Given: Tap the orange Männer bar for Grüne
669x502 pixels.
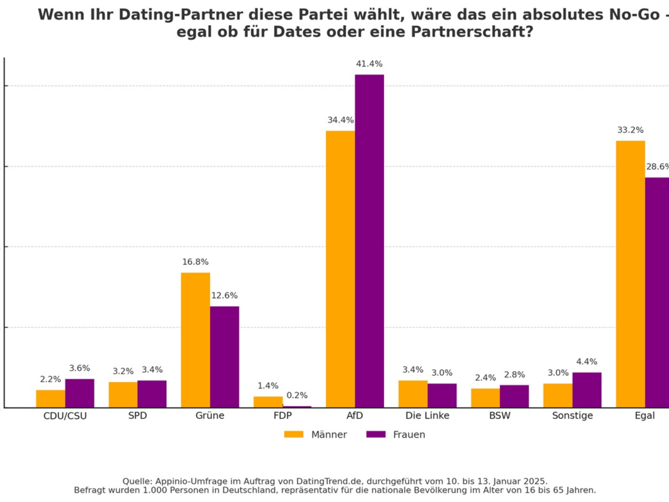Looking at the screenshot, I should click(x=195, y=340).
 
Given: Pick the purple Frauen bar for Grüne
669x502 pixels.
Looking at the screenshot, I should click(x=224, y=356).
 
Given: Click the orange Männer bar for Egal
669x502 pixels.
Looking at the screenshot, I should click(x=630, y=274).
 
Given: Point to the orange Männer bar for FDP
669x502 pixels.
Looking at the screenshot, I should click(x=268, y=402).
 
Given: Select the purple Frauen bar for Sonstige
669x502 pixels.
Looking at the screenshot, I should click(x=586, y=390).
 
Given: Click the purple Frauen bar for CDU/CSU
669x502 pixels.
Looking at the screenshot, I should click(x=79, y=393).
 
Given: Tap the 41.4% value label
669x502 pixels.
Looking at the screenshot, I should click(x=369, y=64).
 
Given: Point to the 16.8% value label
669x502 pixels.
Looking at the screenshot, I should click(x=195, y=262).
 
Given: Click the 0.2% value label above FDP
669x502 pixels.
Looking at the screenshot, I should click(x=297, y=395).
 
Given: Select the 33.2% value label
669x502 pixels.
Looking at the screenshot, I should click(x=630, y=131).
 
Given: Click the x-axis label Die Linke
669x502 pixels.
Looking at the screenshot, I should click(x=427, y=416).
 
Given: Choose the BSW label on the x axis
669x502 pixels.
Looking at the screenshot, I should click(x=500, y=416).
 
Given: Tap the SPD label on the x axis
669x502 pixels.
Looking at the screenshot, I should click(x=137, y=416).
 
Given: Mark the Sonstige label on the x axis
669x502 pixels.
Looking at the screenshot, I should click(x=572, y=416).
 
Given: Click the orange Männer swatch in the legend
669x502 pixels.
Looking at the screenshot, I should click(x=293, y=435).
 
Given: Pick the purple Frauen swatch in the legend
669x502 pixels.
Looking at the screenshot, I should click(x=376, y=435).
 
